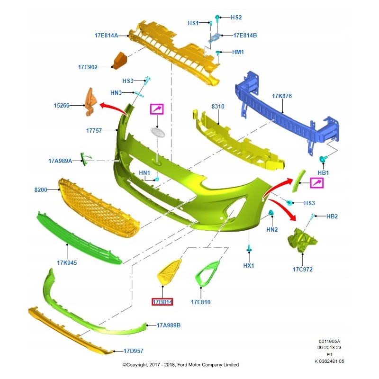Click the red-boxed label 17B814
pos(162,302)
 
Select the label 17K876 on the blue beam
pos(282,96)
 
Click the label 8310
pos(218,107)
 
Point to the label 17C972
pos(302,270)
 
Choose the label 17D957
pos(133,351)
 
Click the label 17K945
pos(67,262)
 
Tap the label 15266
pos(62,106)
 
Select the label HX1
pos(249,266)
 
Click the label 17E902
pos(88,67)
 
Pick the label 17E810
pos(200,302)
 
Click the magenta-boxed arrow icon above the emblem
pos(156,109)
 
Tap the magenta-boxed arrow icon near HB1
pos(316,182)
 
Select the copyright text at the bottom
pos(180,365)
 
